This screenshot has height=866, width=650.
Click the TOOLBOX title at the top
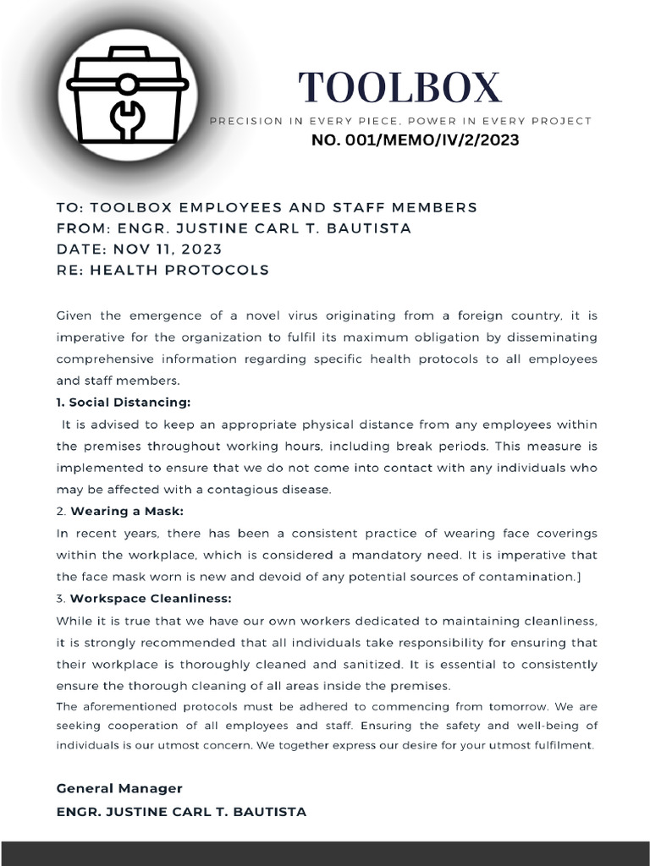click(x=399, y=87)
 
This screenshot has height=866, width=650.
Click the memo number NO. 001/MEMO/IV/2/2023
click(x=415, y=140)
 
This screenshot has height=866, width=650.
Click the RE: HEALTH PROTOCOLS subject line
click(x=162, y=271)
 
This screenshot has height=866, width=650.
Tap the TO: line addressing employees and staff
click(x=267, y=207)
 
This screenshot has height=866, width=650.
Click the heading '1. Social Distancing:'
click(x=124, y=402)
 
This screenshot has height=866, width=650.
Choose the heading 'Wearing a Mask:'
click(x=127, y=512)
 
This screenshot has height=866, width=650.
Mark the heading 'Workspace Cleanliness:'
click(x=151, y=599)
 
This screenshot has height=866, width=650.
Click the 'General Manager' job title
click(x=119, y=788)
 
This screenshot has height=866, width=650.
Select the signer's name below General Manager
click(x=181, y=812)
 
